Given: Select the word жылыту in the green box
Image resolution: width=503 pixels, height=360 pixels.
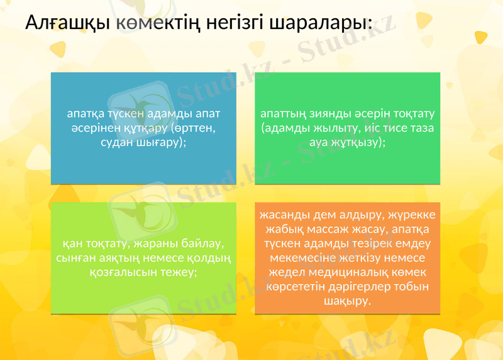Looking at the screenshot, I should tap(333, 128).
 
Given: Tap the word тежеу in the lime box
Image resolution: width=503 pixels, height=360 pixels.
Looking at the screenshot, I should tap(179, 272).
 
